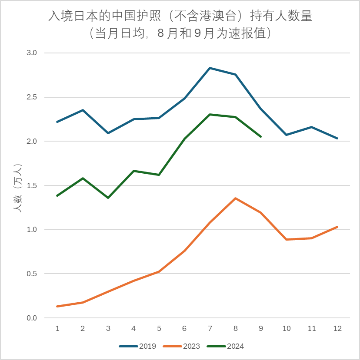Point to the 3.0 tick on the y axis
coord(32,53)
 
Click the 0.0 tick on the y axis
coord(32,318)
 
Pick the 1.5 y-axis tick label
coord(32,185)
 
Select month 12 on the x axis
coord(337,329)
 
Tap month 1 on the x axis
coord(57,329)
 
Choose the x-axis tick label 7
coord(210,329)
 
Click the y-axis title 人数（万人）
coord(18,188)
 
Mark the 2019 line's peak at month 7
coord(210,68)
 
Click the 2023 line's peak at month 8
coord(235,198)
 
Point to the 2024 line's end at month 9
coord(261,137)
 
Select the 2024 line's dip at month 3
coord(108,198)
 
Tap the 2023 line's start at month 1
coord(57,307)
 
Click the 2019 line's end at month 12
coord(337,139)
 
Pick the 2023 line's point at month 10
coord(287,239)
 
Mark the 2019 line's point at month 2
coord(83,110)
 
